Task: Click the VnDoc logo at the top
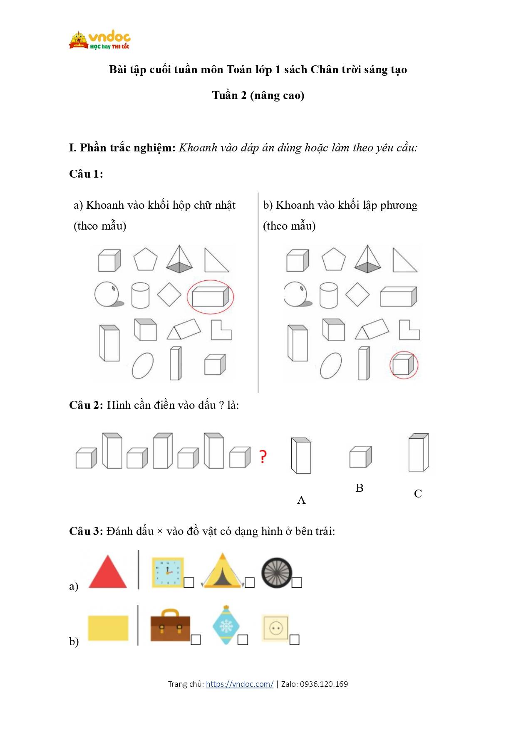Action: pos(100,40)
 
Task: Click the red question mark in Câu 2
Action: pos(263,456)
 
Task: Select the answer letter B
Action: pos(360,488)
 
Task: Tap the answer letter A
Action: pos(301,500)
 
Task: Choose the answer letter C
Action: pos(418,494)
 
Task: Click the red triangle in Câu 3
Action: pos(108,572)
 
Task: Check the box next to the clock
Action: pos(189,582)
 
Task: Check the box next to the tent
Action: pos(250,582)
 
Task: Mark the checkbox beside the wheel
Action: pos(297,582)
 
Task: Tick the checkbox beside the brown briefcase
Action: pos(196,640)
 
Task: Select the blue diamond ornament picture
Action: pos(226,625)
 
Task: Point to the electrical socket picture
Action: pos(275,628)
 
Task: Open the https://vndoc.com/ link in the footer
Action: pos(240,684)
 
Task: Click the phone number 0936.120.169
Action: pos(324,684)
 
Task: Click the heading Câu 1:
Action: pos(86,174)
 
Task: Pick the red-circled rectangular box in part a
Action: pos(211,297)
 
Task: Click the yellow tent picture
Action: pos(222,571)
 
